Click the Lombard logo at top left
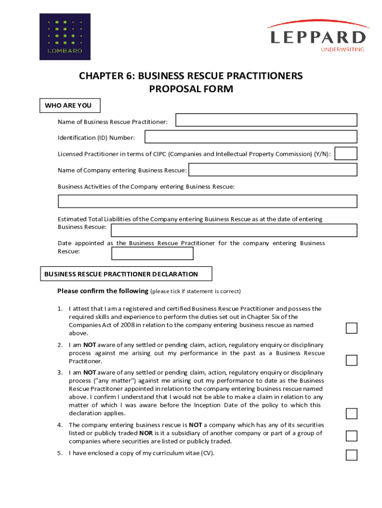(x=65, y=37)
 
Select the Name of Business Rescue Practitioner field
(x=266, y=120)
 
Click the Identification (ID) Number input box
(x=251, y=137)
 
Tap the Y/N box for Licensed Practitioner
(x=346, y=153)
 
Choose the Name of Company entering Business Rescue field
(x=273, y=170)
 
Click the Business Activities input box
(x=207, y=201)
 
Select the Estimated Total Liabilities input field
(x=234, y=230)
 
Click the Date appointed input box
(x=152, y=254)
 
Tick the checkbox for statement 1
(x=351, y=328)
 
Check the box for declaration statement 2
(x=351, y=360)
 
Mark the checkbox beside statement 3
(x=351, y=414)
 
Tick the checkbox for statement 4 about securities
(x=351, y=436)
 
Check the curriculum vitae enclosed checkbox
(x=351, y=455)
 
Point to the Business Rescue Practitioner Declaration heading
(x=121, y=274)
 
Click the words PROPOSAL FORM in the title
(x=191, y=89)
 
